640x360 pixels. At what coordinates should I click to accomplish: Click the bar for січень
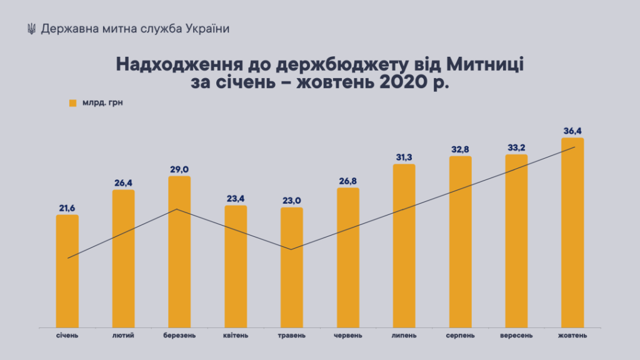67,271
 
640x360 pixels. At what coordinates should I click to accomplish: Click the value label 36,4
572,131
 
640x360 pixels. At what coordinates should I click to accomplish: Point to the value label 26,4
123,182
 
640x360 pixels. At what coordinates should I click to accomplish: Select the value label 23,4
236,198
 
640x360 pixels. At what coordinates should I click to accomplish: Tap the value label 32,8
461,149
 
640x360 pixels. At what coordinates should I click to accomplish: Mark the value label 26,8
348,181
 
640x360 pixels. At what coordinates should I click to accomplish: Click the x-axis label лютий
123,336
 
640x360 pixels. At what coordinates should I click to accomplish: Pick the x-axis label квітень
236,336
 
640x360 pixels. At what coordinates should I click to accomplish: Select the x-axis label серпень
460,336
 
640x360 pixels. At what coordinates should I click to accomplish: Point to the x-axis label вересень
516,336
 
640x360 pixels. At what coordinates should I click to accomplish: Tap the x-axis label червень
348,336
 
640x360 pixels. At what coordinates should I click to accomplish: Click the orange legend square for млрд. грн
72,103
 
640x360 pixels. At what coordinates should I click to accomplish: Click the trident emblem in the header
31,29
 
